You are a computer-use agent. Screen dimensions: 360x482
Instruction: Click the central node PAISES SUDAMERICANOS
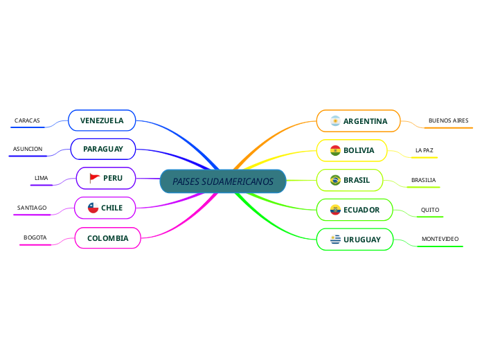pyautogui.click(x=223, y=181)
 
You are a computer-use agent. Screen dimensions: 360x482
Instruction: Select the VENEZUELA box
pyautogui.click(x=102, y=120)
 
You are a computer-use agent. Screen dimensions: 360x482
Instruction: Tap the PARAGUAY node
pyautogui.click(x=103, y=149)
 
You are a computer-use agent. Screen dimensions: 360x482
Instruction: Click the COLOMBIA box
pyautogui.click(x=107, y=238)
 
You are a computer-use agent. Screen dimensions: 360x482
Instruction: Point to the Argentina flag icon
pyautogui.click(x=335, y=121)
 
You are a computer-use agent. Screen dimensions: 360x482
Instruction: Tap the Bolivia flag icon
pyautogui.click(x=335, y=150)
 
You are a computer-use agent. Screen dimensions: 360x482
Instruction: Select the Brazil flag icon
pyautogui.click(x=335, y=180)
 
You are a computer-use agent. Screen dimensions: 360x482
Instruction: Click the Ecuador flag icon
pyautogui.click(x=335, y=210)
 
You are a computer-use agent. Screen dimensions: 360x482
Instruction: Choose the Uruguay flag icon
pyautogui.click(x=335, y=240)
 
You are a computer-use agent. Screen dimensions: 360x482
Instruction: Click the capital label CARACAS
pyautogui.click(x=27, y=120)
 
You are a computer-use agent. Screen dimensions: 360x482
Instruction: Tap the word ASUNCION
pyautogui.click(x=28, y=149)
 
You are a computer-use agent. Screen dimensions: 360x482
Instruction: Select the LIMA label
pyautogui.click(x=42, y=178)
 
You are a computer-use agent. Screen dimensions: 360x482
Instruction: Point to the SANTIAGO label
pyautogui.click(x=32, y=208)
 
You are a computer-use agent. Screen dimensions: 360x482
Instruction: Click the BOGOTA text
pyautogui.click(x=35, y=237)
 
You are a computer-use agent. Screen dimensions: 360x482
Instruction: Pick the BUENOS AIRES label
pyautogui.click(x=448, y=120)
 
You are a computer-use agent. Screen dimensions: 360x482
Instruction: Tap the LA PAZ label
pyautogui.click(x=424, y=150)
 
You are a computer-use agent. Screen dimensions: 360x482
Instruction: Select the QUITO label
pyautogui.click(x=430, y=210)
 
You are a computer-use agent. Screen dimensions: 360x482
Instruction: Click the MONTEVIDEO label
pyautogui.click(x=440, y=239)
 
